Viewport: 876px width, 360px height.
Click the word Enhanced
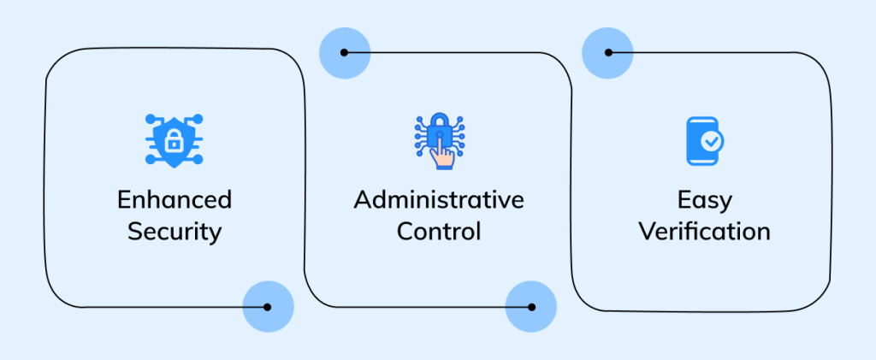175,200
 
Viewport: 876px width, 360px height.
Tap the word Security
175,231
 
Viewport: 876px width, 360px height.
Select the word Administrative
439,200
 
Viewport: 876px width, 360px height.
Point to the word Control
439,231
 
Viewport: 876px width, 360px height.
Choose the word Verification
704,231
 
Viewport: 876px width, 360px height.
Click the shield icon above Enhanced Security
174,139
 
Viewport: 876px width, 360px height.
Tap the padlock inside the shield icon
174,139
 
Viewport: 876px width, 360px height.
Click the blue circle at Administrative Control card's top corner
344,52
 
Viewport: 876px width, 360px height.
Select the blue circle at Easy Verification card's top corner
607,52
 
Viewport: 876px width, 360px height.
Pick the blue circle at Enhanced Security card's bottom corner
268,307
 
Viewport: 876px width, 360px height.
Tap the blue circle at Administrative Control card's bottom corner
531,307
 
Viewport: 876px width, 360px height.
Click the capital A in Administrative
362,200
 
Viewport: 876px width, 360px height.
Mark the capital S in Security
135,231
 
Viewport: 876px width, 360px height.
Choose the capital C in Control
405,231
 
